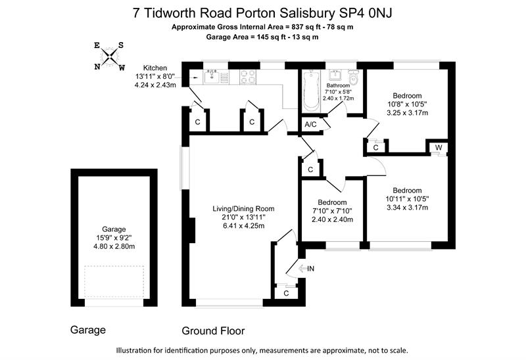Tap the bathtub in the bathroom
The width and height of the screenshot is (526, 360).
[311, 91]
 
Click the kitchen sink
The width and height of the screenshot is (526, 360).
[212, 77]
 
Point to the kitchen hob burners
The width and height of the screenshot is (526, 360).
[251, 77]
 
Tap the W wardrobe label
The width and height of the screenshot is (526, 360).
[437, 146]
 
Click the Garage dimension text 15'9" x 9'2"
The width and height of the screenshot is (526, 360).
[113, 238]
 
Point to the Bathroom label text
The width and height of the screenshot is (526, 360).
[338, 85]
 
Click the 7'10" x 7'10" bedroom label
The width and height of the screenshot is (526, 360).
[332, 211]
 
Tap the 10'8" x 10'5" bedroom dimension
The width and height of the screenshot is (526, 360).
[408, 104]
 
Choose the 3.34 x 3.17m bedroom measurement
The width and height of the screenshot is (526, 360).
[407, 208]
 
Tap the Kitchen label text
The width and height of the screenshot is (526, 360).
[156, 68]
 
